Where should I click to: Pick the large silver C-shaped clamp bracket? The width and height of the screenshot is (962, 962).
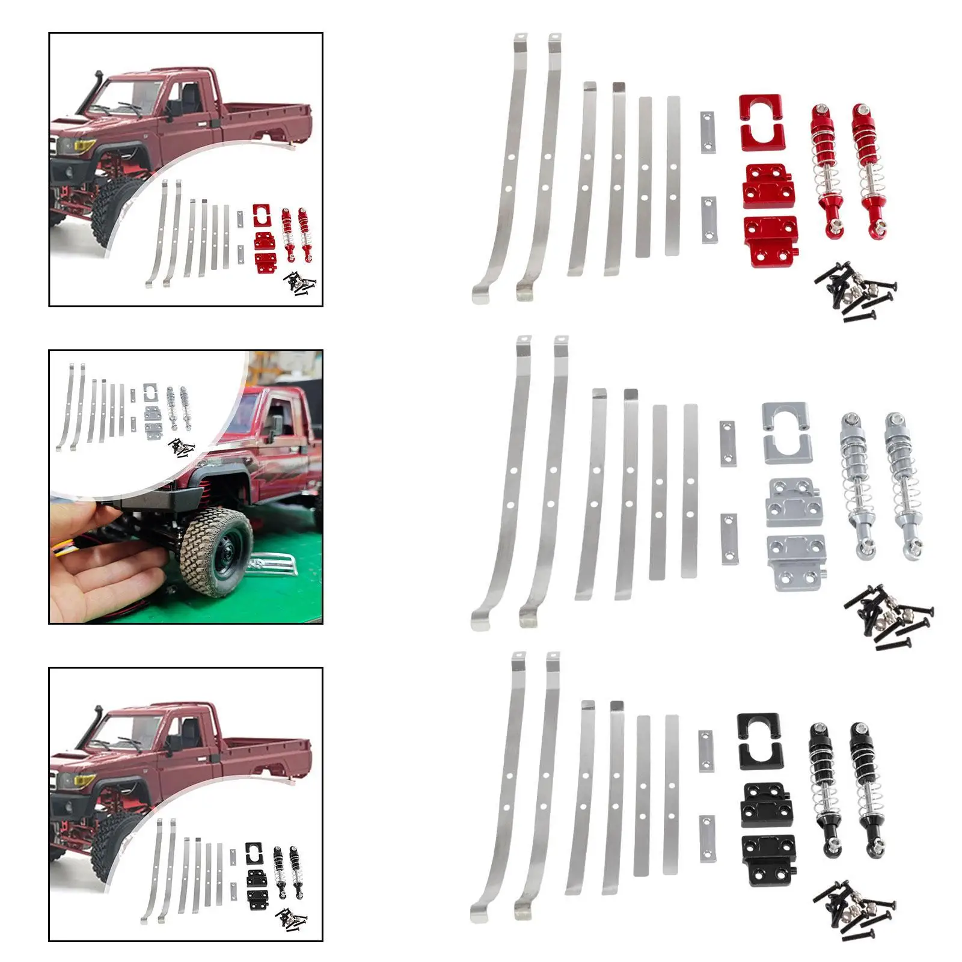point(785,432)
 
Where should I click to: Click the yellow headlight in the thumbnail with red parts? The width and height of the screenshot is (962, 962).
point(84,146)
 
